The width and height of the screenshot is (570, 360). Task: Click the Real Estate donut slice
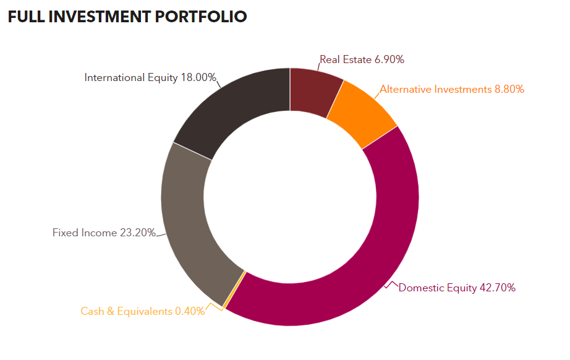[x=315, y=91]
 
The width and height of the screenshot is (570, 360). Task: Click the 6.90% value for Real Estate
[x=389, y=59]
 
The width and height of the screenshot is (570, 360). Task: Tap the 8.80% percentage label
[x=509, y=89]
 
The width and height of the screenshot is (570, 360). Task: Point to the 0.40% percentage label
[x=190, y=311]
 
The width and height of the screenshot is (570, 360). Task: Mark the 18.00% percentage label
[x=198, y=77]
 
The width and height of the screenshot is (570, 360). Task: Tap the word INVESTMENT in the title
[x=96, y=16]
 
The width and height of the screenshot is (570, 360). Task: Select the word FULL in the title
[x=25, y=16]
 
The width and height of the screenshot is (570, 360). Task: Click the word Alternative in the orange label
[x=405, y=89]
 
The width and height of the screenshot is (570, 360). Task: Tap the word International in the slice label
[x=114, y=77]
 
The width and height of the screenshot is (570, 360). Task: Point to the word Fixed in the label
[x=64, y=233]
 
